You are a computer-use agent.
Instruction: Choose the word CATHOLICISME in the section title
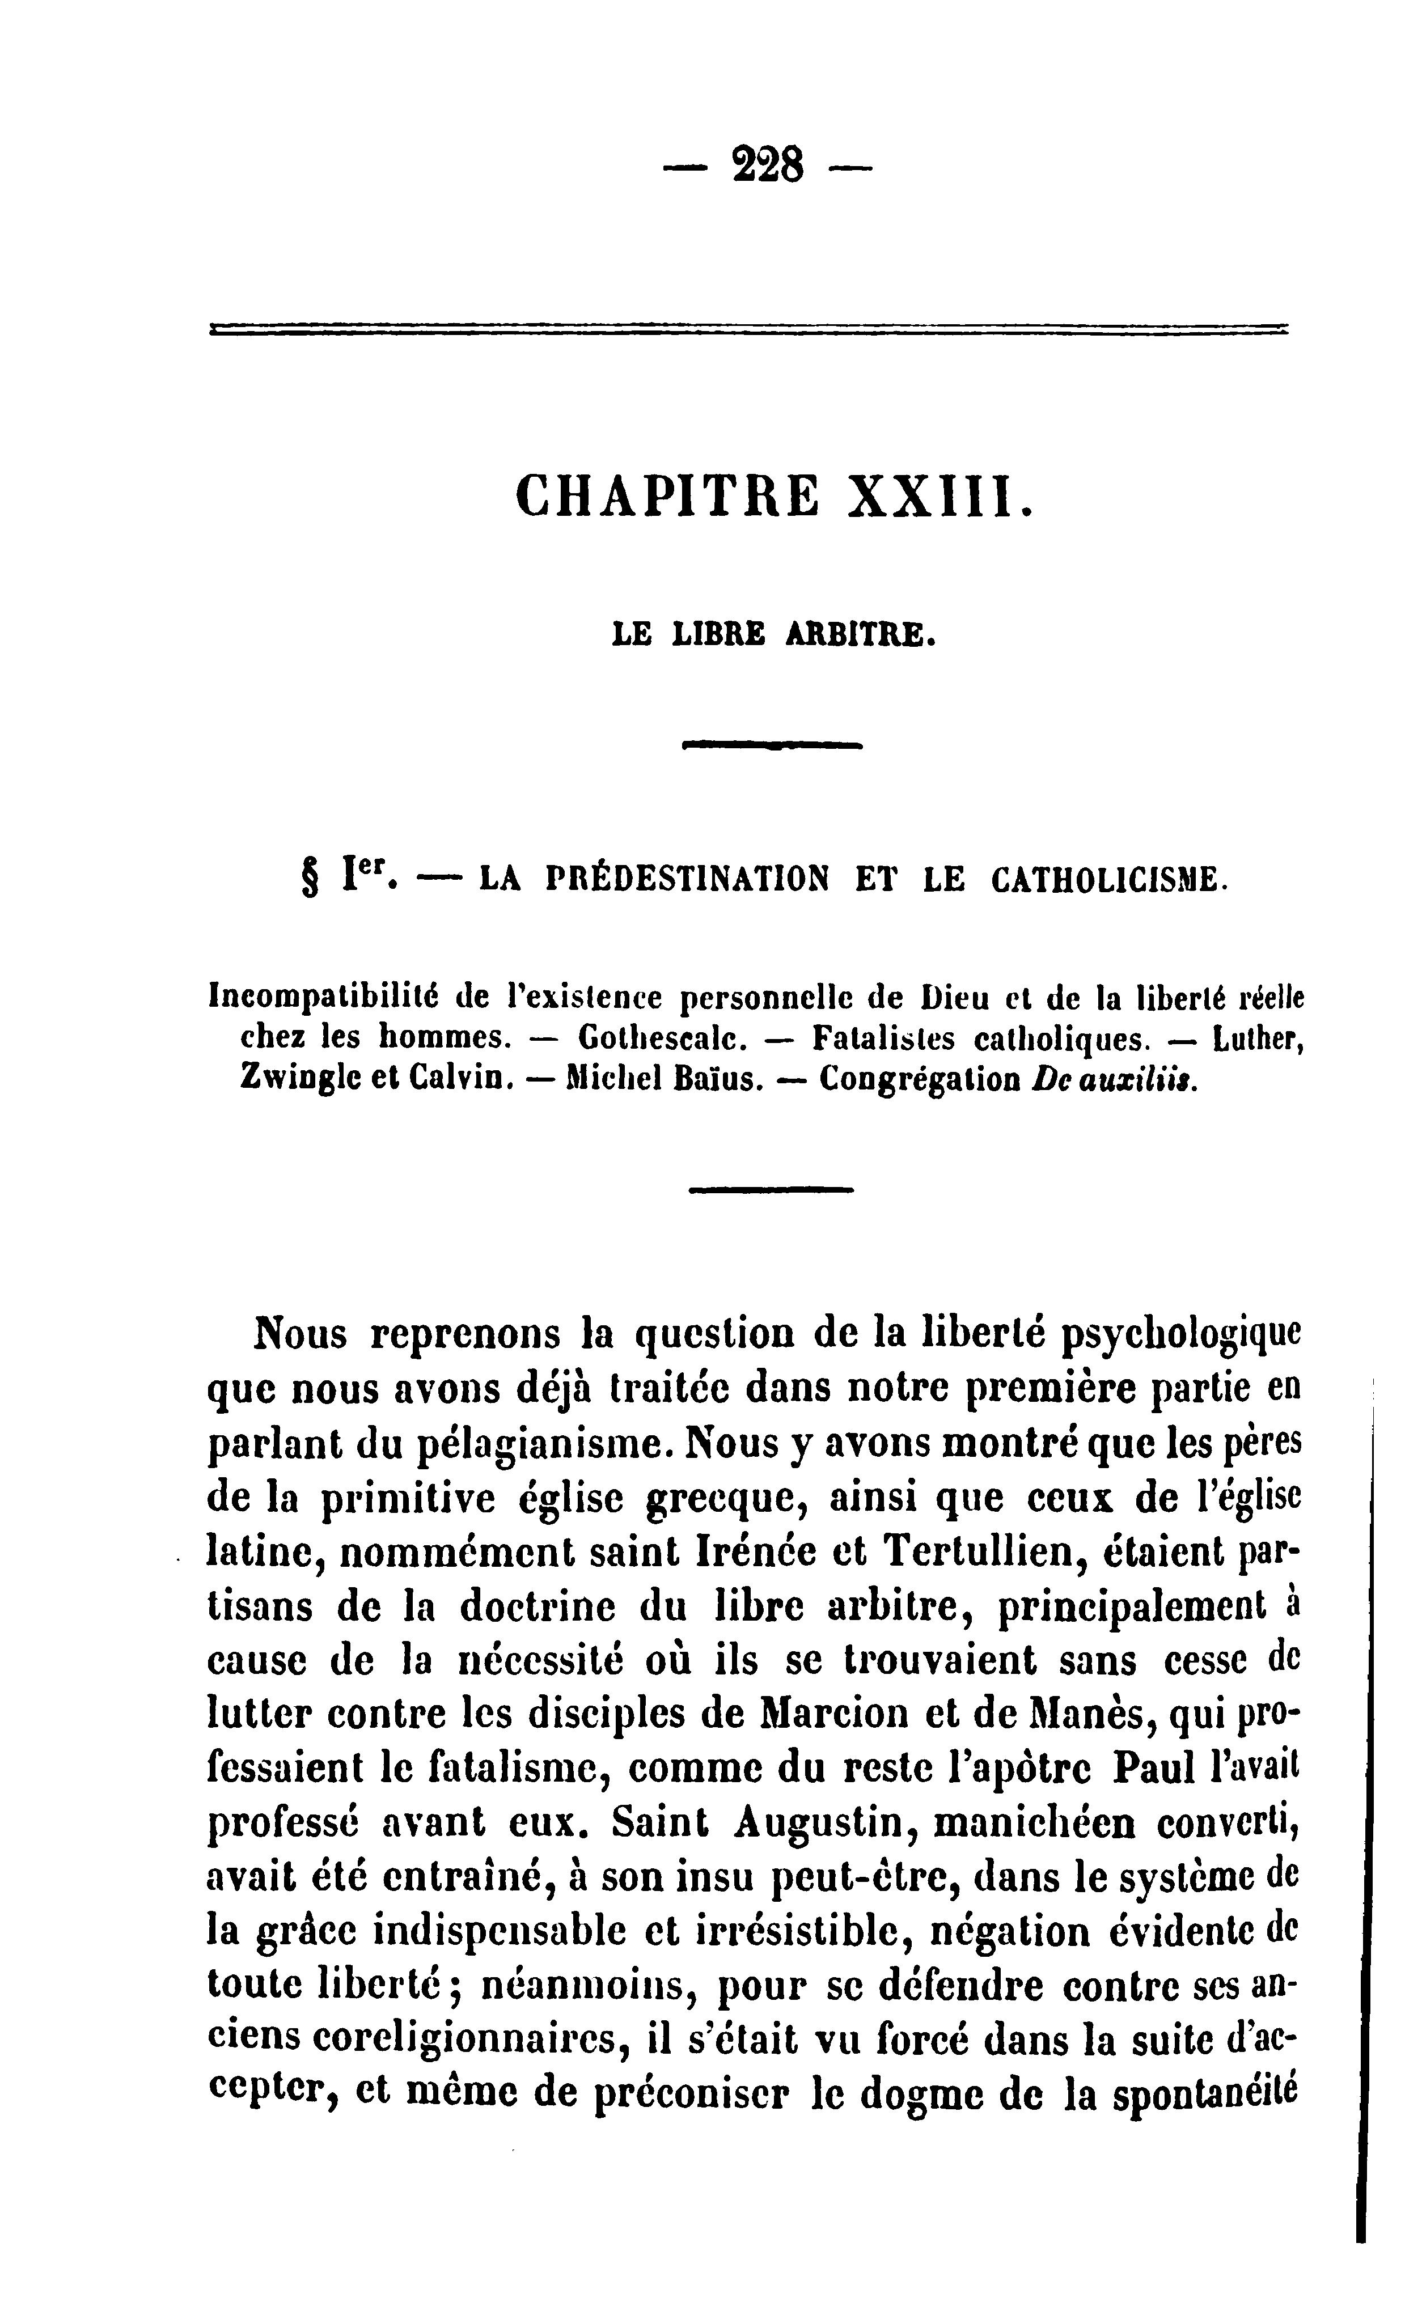(1104, 879)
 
